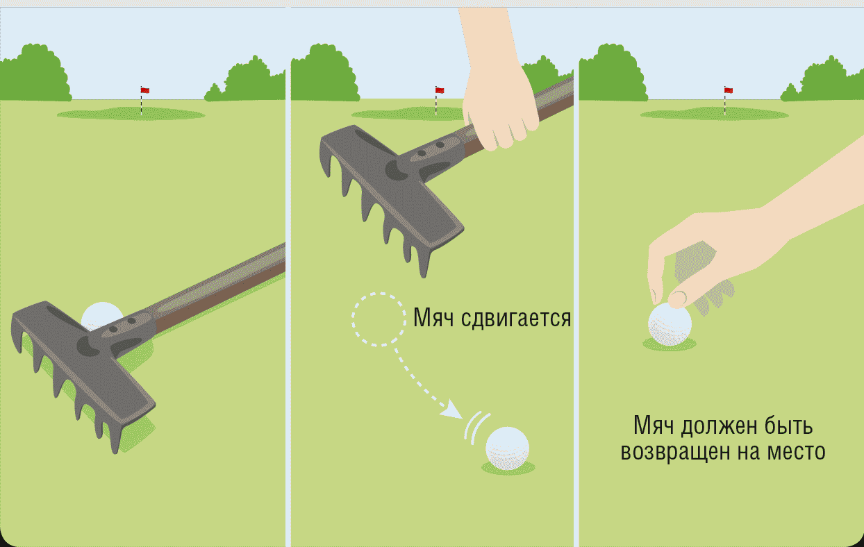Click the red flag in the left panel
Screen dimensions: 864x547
pos(145,91)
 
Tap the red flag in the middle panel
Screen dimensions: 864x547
pos(440,91)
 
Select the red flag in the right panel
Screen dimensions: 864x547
pos(729,91)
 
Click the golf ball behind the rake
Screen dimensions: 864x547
pos(101,314)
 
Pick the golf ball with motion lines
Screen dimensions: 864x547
pos(507,448)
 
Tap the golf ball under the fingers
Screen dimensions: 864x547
pos(670,324)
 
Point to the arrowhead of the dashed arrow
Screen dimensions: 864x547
pos(453,411)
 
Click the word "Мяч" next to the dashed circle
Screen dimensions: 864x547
pos(433,318)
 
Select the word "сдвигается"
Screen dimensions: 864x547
pos(516,319)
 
